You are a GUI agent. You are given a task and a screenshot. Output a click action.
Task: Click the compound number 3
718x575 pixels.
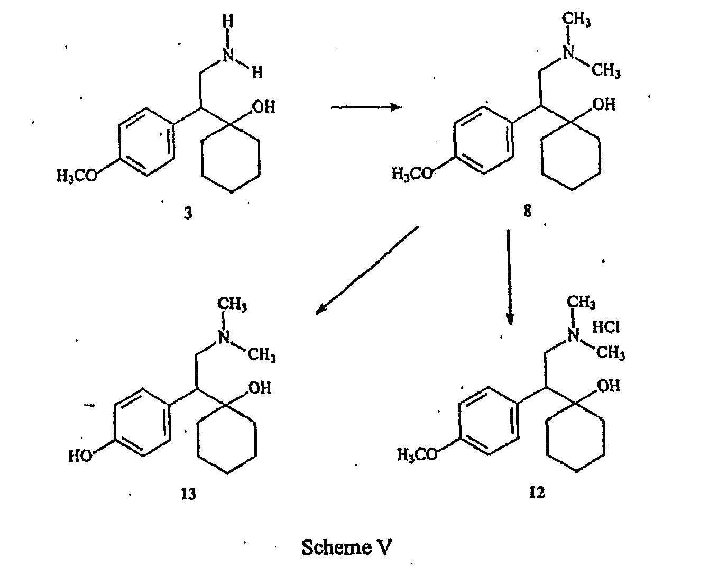coord(188,213)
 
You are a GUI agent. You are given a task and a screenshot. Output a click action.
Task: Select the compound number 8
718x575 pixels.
coord(528,211)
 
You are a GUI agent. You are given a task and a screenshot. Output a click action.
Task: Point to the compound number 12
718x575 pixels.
coord(537,492)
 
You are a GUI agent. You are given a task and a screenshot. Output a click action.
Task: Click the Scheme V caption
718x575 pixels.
coord(347,547)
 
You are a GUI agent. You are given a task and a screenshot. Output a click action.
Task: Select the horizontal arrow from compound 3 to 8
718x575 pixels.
coord(366,107)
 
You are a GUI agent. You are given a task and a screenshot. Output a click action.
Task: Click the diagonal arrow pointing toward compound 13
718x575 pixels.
coord(367,271)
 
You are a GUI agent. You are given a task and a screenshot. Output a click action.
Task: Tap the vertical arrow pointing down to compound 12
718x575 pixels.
coord(509,277)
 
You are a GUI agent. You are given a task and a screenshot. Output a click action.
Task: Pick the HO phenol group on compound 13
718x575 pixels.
coord(80,456)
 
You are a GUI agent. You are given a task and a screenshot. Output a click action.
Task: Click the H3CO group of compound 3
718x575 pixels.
coord(77,176)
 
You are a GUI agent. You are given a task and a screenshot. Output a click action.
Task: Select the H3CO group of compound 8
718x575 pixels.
coord(412,174)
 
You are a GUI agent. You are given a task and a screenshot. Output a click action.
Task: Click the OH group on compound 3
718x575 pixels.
coord(264,107)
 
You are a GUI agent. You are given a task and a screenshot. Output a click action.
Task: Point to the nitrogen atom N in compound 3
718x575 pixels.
coord(228,55)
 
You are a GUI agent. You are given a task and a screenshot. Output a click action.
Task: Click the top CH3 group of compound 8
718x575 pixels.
coord(576,19)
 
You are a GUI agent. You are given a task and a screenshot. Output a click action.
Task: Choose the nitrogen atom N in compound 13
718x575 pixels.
coord(224,337)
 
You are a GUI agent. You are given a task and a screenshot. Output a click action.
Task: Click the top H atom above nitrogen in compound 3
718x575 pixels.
coord(227,22)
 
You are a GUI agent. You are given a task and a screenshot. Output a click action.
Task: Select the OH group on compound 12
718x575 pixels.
coord(609,386)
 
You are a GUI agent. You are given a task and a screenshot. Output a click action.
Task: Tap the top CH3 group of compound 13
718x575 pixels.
coord(232,304)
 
